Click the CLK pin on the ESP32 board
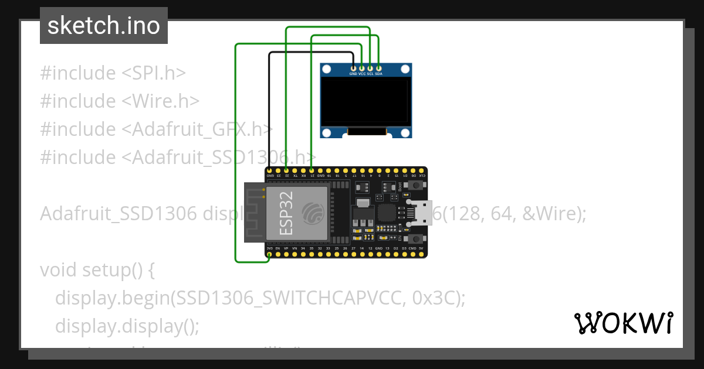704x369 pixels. point(422,170)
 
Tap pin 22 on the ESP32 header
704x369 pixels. point(286,170)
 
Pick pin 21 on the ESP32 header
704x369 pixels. point(312,170)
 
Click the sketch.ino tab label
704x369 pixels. point(104,26)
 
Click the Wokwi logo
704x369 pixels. point(624,323)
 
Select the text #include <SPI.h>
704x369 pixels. point(113,73)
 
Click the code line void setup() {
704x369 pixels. point(97,270)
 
